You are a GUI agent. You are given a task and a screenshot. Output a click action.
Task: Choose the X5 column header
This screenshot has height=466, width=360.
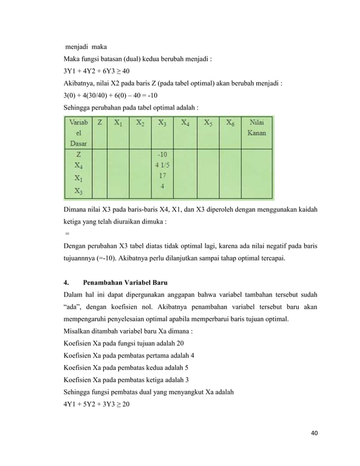pyautogui.click(x=207, y=121)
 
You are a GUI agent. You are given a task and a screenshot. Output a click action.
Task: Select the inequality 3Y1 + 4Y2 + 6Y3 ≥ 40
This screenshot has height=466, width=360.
pyautogui.click(x=96, y=71)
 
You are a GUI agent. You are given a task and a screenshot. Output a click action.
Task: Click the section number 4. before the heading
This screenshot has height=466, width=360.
pyautogui.click(x=67, y=282)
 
